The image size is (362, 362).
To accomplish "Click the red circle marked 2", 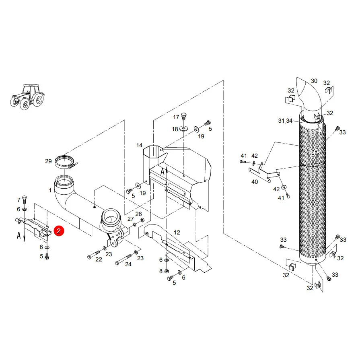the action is click(x=59, y=231).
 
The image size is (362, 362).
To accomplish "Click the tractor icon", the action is click(x=27, y=97).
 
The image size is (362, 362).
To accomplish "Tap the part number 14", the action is click(x=139, y=145).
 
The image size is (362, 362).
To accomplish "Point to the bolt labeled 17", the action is click(x=184, y=116).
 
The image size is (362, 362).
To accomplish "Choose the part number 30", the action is click(x=314, y=81).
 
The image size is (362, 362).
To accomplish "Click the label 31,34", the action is click(x=285, y=121).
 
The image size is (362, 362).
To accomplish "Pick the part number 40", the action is click(x=255, y=182).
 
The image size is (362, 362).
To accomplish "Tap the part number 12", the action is click(x=177, y=232).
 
